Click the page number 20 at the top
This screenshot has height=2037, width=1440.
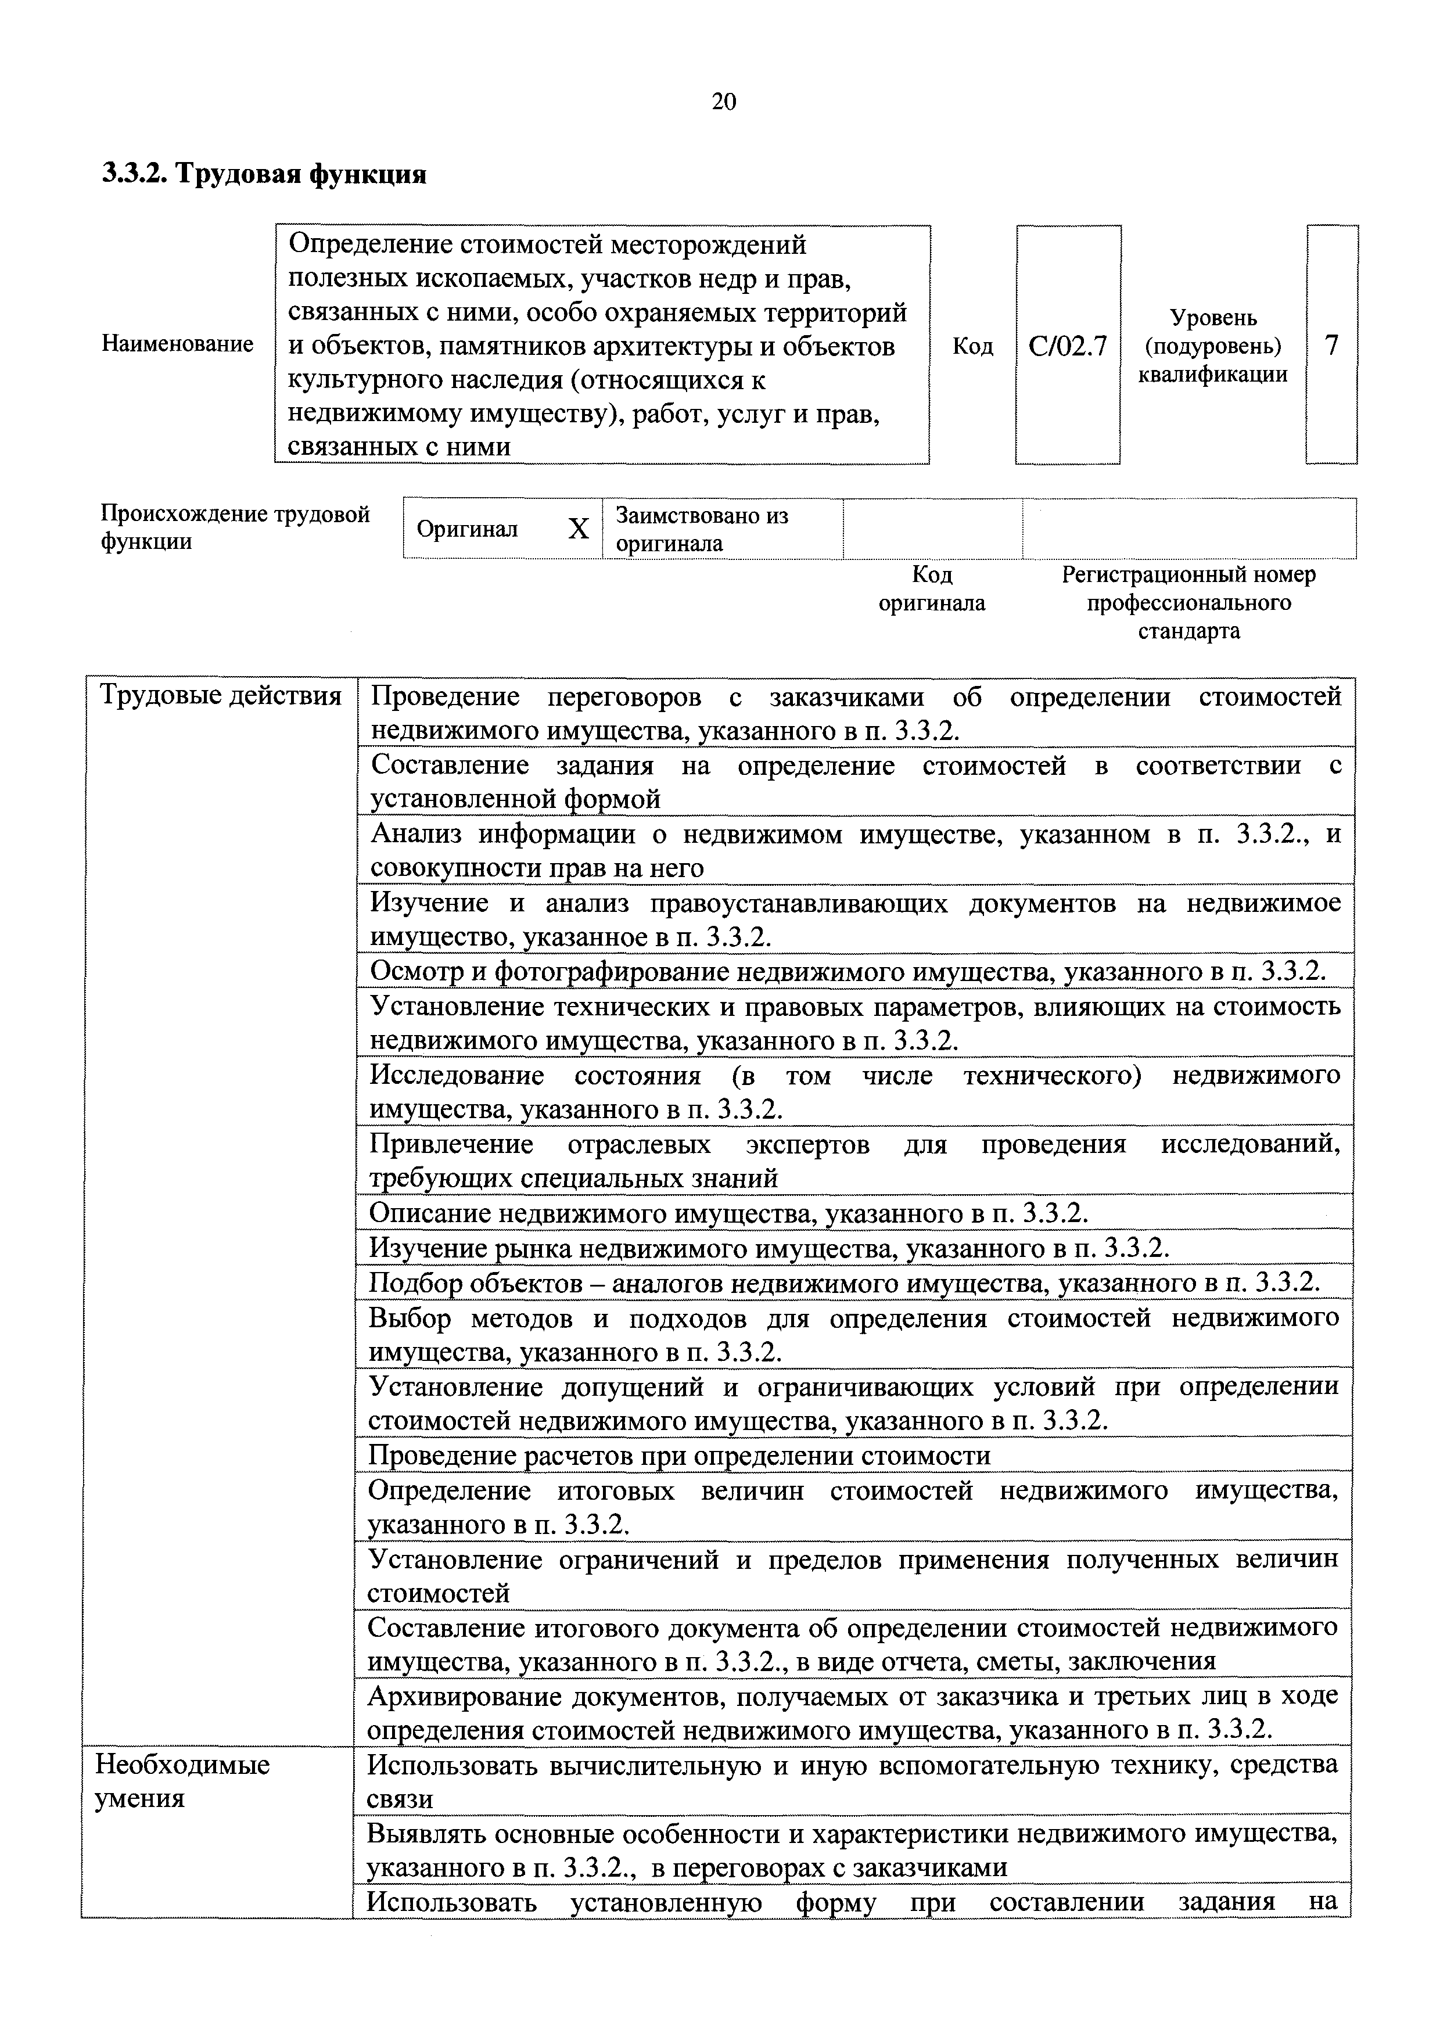click(723, 102)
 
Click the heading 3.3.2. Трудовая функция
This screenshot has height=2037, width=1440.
click(264, 174)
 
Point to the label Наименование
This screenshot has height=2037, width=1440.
click(177, 344)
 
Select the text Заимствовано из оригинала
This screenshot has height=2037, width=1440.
click(701, 530)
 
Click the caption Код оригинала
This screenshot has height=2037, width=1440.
click(932, 589)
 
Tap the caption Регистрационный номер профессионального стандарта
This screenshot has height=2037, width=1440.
click(1188, 603)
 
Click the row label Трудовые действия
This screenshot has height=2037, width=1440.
click(220, 696)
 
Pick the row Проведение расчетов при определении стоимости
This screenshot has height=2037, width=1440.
click(678, 1456)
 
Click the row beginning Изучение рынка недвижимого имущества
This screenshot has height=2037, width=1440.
click(769, 1248)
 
